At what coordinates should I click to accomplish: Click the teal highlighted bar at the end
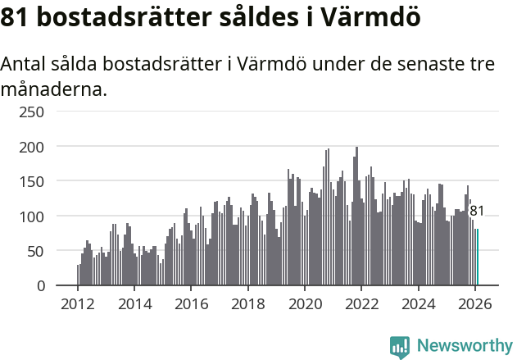[x=478, y=257]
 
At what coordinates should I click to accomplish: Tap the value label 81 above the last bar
[x=476, y=212]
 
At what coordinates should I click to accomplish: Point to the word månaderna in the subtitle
[x=54, y=89]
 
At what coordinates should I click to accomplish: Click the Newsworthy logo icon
[x=400, y=347]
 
